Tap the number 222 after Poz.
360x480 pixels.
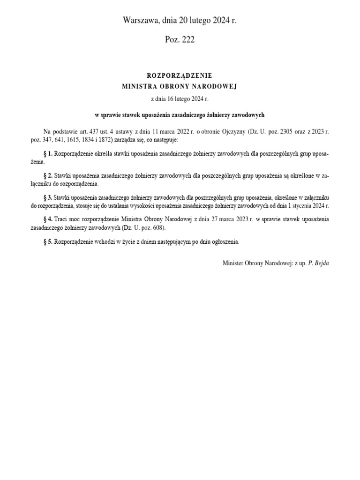(x=187, y=40)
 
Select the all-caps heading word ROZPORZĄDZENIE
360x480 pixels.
(x=180, y=75)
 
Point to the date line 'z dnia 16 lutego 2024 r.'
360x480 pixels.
(x=180, y=99)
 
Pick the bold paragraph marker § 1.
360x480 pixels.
(x=48, y=153)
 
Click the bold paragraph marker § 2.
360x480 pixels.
(x=48, y=175)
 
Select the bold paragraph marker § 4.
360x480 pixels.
(x=48, y=219)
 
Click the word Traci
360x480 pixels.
(x=62, y=219)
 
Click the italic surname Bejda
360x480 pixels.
(x=322, y=263)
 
